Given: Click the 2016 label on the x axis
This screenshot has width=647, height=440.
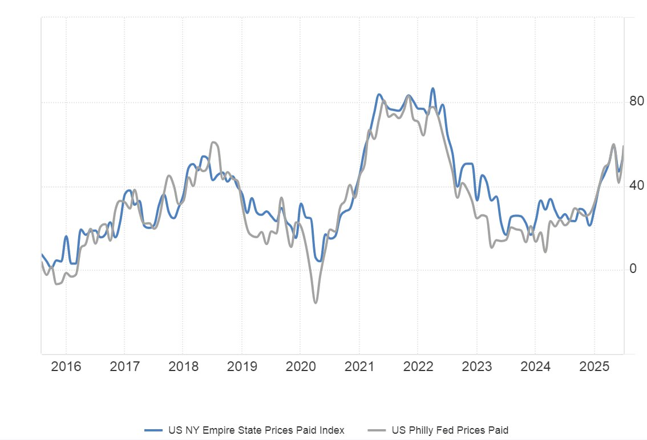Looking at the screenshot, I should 67,365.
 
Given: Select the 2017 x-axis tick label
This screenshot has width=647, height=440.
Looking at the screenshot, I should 125,365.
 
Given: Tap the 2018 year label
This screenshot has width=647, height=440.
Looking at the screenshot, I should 184,365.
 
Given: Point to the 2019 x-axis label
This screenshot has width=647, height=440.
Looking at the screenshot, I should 242,365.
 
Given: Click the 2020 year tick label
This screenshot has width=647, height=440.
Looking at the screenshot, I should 301,365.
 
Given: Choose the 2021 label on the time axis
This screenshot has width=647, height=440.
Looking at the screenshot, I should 359,365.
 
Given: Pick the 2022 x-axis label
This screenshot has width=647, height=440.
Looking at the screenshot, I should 418,365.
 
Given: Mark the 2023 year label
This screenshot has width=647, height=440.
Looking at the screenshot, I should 477,365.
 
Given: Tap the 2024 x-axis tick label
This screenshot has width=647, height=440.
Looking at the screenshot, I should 535,365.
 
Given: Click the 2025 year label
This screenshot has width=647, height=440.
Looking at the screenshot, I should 594,365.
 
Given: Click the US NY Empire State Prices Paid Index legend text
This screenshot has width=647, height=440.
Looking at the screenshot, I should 256,430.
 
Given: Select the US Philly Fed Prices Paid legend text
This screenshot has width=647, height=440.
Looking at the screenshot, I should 450,430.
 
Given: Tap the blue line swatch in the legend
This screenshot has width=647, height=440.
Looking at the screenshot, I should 154,430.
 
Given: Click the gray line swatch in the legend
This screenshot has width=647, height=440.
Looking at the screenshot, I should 377,430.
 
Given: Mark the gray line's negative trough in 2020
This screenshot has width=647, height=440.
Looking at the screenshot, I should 315,302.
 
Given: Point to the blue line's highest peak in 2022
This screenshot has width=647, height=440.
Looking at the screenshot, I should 433,88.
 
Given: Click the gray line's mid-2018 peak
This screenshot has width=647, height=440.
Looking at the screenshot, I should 214,142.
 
